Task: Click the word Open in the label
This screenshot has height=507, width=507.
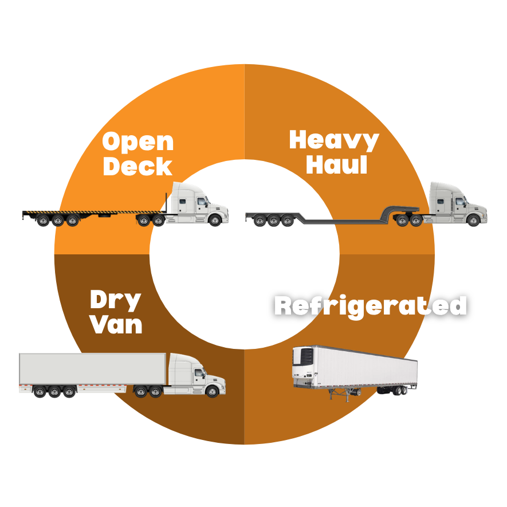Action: click(138, 142)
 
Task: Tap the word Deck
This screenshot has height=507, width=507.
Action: click(137, 166)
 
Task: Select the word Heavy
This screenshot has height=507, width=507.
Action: click(334, 140)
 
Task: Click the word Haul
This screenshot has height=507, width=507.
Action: click(337, 164)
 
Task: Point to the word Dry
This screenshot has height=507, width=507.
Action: click(115, 300)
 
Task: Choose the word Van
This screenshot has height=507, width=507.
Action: click(116, 324)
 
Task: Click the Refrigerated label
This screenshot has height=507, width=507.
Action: click(371, 306)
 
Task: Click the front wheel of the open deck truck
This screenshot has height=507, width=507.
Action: click(215, 220)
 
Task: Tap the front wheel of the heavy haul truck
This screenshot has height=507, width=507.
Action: click(473, 220)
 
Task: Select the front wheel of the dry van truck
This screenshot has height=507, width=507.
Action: click(212, 391)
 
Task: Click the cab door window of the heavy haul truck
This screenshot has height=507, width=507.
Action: click(460, 202)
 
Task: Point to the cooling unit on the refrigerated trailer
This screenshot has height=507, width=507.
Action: click(304, 361)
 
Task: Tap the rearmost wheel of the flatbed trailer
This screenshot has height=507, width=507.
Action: click(43, 220)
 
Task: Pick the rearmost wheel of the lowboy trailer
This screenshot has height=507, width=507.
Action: click(260, 221)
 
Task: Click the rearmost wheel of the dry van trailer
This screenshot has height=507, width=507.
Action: click(40, 392)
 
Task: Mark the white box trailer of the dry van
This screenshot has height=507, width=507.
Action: click(93, 369)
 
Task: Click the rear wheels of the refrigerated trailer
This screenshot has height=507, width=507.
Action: click(400, 391)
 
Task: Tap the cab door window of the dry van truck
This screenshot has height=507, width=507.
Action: click(199, 373)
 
